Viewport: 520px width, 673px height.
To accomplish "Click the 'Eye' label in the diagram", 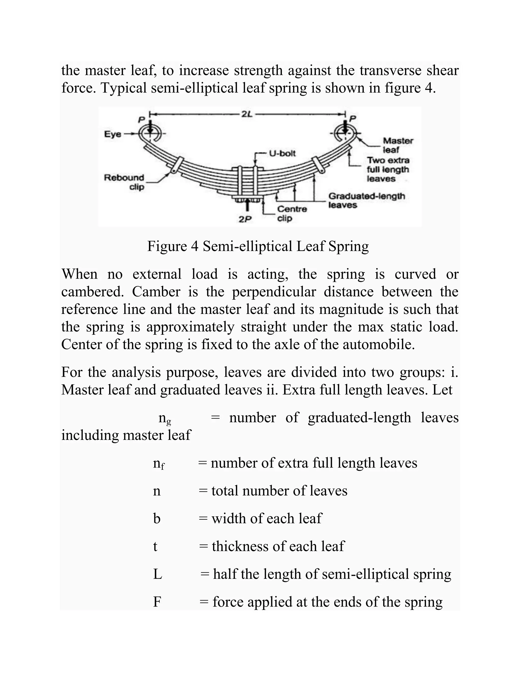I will (112, 134).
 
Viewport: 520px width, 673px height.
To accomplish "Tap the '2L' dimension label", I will (247, 114).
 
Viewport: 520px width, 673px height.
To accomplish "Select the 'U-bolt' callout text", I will (282, 153).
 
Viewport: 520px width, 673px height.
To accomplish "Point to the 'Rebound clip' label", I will (124, 182).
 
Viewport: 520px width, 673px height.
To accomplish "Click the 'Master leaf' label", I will (398, 145).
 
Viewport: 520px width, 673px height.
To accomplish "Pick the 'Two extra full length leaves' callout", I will (388, 169).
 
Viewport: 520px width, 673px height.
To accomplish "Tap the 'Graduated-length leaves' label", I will (366, 200).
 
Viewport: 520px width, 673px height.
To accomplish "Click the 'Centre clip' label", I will (292, 214).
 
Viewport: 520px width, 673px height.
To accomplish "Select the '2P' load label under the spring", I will (245, 219).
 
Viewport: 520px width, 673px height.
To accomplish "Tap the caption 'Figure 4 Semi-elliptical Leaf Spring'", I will (258, 247).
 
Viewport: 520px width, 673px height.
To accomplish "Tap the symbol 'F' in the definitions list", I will (157, 602).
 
